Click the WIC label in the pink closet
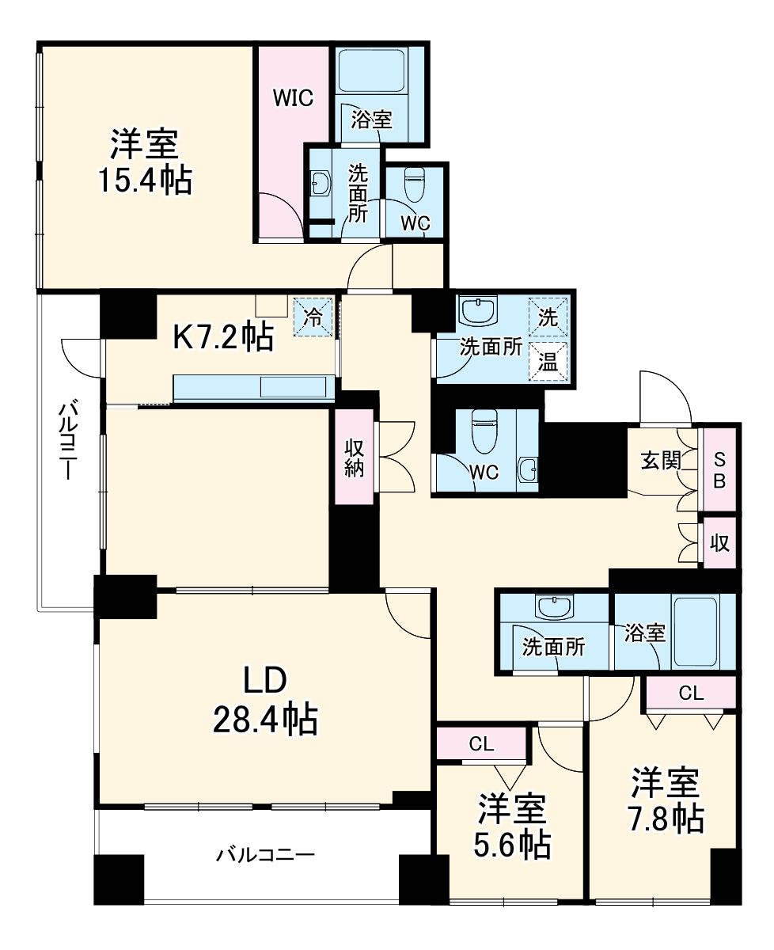coord(293,98)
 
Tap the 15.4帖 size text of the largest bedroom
coord(144,181)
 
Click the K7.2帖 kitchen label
coord(223,338)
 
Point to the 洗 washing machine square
coord(548,317)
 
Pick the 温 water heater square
coord(548,362)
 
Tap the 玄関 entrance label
coord(661,460)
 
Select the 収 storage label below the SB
coord(719,544)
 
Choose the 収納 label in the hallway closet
coord(353,458)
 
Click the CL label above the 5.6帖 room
coord(481,744)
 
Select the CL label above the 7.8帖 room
coord(691,693)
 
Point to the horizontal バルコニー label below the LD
coord(266,855)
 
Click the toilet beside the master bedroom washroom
coord(415,186)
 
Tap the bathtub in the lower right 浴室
coord(695,631)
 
